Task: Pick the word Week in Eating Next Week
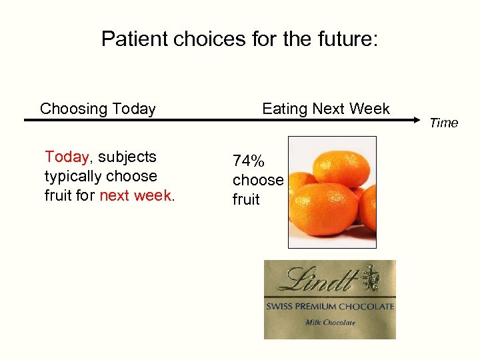pos(371,109)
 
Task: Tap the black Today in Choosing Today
pos(133,109)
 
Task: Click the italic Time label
pos(443,123)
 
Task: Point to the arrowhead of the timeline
pos(421,120)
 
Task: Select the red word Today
pos(66,157)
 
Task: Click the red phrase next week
pos(135,196)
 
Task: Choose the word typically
pos(73,177)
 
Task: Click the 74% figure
pos(248,161)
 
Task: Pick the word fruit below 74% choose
pos(246,199)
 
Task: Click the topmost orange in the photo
pos(337,166)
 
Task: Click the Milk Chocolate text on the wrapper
pos(330,322)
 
